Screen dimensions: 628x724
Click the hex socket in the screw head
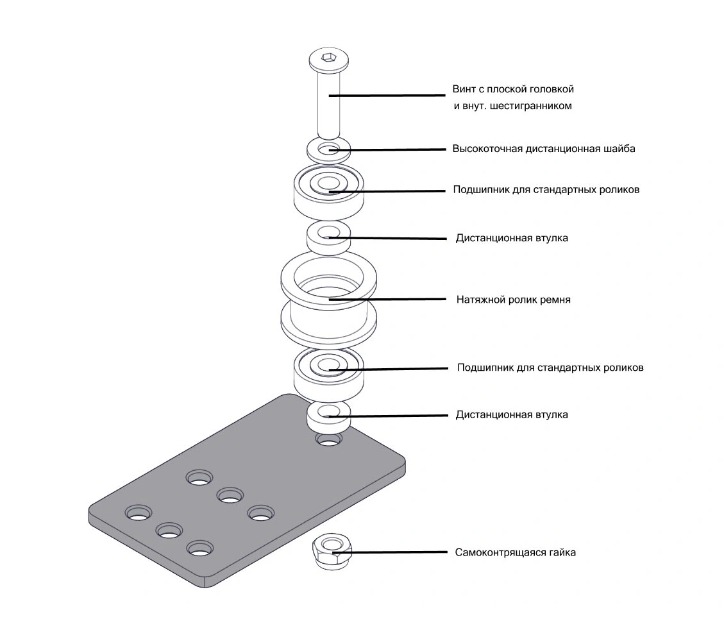pyautogui.click(x=328, y=59)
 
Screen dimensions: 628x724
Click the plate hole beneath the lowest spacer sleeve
pyautogui.click(x=328, y=441)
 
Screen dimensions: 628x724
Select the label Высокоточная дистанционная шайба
pyautogui.click(x=544, y=149)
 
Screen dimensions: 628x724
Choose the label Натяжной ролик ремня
pyautogui.click(x=513, y=300)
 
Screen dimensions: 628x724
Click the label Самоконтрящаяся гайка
pyautogui.click(x=515, y=552)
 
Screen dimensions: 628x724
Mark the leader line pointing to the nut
pyautogui.click(x=398, y=552)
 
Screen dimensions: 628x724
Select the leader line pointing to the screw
pyautogui.click(x=391, y=96)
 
